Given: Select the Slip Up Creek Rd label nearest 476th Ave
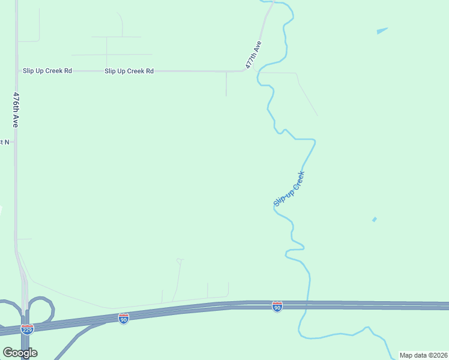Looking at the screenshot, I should click(47, 71).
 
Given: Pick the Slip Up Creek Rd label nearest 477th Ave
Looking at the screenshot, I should click(129, 71).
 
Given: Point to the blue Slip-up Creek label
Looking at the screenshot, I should click(289, 189).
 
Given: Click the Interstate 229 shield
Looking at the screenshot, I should click(27, 329).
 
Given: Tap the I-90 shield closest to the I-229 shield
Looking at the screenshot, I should click(123, 318).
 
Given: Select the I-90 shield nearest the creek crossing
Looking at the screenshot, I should click(277, 307).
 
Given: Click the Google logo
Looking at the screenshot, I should click(20, 353).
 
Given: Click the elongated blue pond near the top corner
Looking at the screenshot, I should click(382, 31).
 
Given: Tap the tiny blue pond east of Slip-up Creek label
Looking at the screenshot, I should click(374, 220).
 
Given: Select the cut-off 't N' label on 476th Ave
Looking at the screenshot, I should click(5, 142).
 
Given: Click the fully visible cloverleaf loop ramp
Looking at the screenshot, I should click(41, 308).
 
